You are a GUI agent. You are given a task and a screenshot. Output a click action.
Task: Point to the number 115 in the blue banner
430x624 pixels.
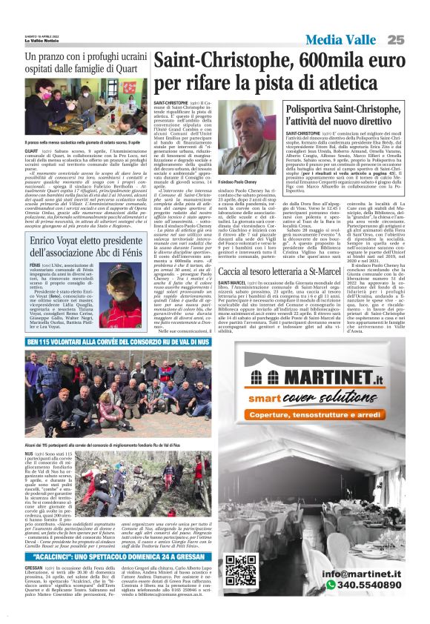pos(41,342)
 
